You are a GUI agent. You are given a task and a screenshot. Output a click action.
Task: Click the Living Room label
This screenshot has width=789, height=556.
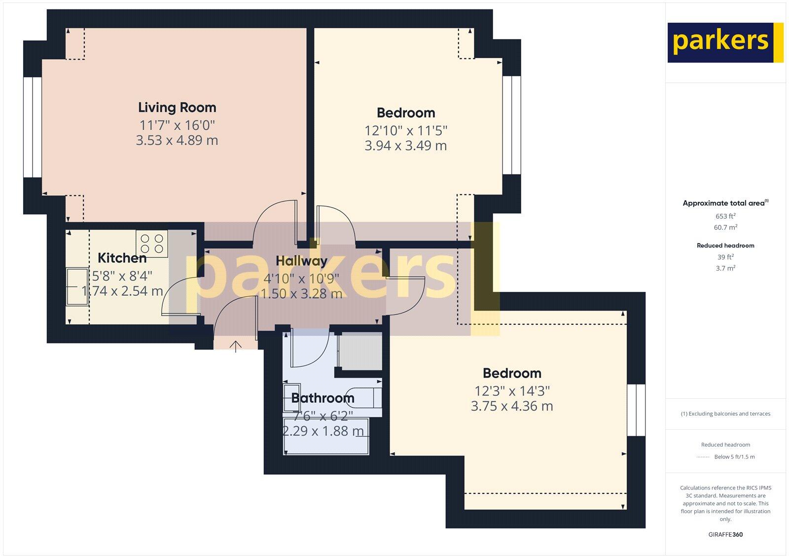pos(177,107)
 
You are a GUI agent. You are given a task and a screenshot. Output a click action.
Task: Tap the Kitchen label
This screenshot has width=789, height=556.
pos(122,258)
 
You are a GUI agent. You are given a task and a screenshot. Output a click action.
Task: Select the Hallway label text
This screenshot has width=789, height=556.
pos(301,261)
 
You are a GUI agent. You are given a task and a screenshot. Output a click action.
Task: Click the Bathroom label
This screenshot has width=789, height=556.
pos(323,398)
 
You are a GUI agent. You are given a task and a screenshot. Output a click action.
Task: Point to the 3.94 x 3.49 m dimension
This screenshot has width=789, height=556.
pos(405,146)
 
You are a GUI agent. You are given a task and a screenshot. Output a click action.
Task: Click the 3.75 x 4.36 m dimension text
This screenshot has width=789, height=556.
pos(511,406)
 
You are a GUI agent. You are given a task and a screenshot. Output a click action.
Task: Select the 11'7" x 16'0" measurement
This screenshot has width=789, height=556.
pos(177,125)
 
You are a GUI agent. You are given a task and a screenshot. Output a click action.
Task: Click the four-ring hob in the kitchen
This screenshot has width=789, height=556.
pos(152,243)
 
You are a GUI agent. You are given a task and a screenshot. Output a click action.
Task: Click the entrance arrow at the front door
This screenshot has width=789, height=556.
pos(236,347)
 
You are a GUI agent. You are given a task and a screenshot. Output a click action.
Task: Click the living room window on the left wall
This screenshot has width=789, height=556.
pos(33,127)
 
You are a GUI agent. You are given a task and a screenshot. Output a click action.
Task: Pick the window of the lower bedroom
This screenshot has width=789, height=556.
pos(636,410)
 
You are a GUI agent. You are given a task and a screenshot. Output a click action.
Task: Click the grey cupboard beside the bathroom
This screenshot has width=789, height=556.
pos(360,351)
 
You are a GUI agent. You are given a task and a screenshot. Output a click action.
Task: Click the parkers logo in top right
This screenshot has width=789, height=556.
pos(725,42)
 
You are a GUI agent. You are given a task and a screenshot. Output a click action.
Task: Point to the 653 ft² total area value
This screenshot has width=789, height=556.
pos(725,216)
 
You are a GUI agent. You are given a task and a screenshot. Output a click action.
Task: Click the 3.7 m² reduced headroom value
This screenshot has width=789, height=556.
pos(725,268)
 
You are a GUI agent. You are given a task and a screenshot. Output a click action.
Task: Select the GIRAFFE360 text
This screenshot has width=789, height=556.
pos(725,534)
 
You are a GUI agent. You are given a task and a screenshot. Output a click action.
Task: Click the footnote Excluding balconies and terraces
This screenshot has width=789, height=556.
pos(725,414)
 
